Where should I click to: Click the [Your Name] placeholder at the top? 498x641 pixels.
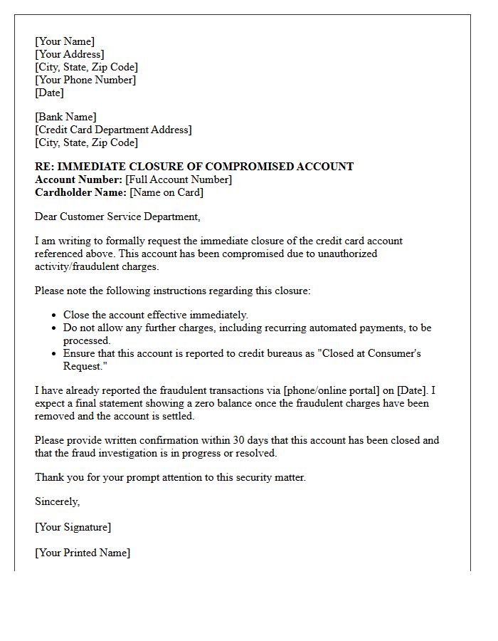pyautogui.click(x=65, y=41)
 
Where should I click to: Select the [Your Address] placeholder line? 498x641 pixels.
pyautogui.click(x=70, y=54)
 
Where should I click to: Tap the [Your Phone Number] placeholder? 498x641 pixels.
pyautogui.click(x=85, y=80)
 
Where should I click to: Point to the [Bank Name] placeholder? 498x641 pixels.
pyautogui.click(x=65, y=117)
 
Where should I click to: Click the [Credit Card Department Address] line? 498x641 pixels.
pyautogui.click(x=113, y=130)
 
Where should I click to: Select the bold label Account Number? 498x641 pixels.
pyautogui.click(x=78, y=179)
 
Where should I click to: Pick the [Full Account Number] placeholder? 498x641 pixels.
pyautogui.click(x=179, y=179)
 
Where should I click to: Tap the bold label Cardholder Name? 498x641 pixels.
pyautogui.click(x=80, y=192)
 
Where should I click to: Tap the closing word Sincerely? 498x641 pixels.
pyautogui.click(x=57, y=501)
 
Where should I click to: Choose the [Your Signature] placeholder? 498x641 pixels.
pyautogui.click(x=73, y=527)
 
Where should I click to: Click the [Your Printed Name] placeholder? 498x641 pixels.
pyautogui.click(x=83, y=553)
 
